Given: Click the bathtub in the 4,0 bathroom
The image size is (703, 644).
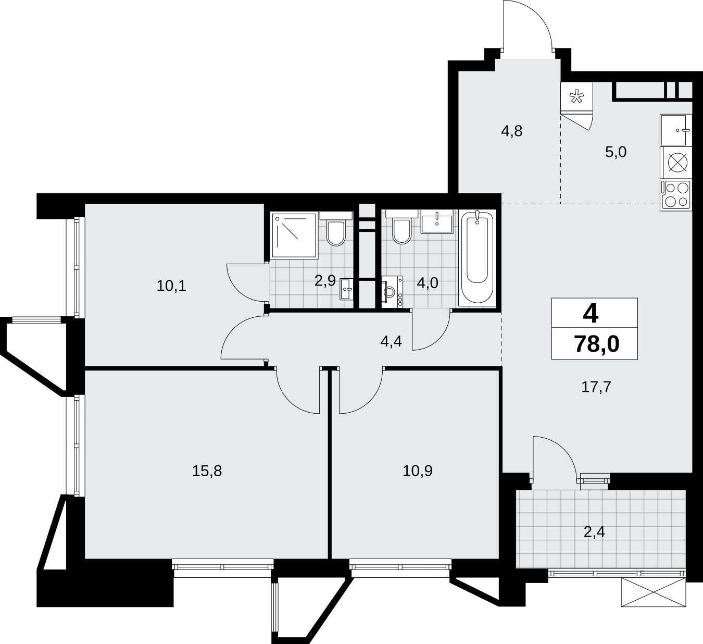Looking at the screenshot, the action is click(x=477, y=258).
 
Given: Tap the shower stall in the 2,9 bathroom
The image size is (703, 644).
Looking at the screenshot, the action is click(x=294, y=235).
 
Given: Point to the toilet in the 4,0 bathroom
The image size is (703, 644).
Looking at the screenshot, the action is click(x=401, y=228).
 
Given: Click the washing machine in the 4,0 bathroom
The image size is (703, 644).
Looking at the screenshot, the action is click(x=392, y=292).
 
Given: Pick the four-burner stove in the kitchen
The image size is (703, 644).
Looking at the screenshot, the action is click(x=676, y=195).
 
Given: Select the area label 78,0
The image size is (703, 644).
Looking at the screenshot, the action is click(x=596, y=344).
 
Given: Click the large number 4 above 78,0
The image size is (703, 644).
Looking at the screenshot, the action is click(x=591, y=314).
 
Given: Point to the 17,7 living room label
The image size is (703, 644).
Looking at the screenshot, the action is click(x=596, y=387).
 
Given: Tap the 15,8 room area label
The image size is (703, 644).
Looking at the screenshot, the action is click(x=207, y=471).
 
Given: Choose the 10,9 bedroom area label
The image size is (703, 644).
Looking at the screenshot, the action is click(x=418, y=471).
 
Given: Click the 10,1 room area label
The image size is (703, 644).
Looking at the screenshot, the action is click(x=171, y=286).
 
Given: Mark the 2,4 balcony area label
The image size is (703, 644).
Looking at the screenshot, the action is click(x=594, y=532).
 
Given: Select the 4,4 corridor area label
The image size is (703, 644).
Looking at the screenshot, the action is click(x=391, y=341).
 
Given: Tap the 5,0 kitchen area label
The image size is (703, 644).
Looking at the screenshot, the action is click(x=616, y=152).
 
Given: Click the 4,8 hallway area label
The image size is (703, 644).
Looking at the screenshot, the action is click(x=512, y=131).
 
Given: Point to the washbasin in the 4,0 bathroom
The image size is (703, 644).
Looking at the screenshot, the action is click(x=437, y=222).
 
